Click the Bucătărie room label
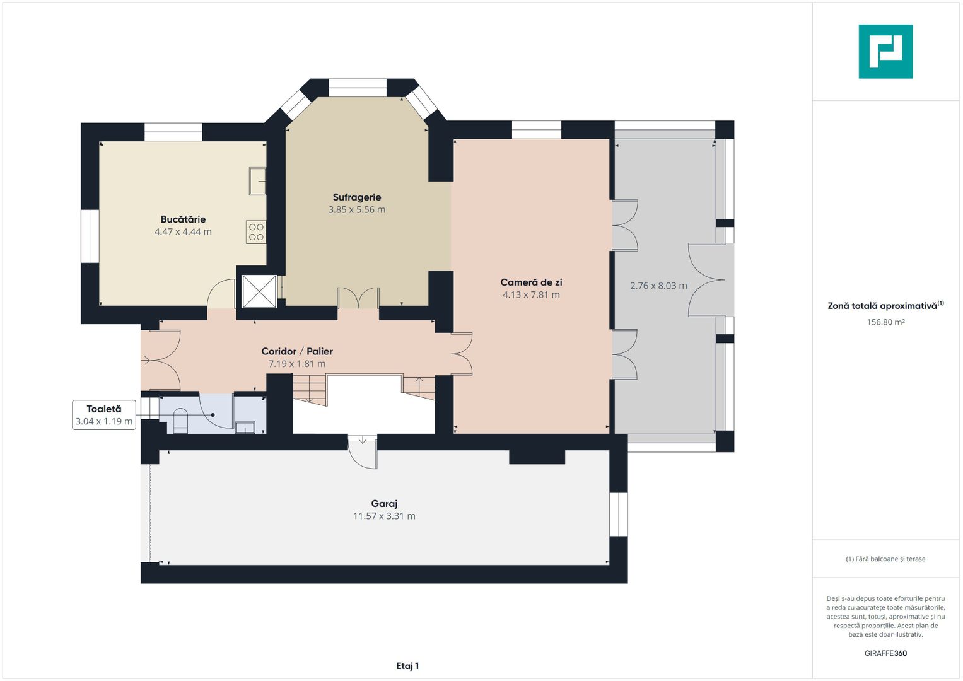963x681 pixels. [x=183, y=219]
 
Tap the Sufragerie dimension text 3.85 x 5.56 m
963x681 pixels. [x=357, y=210]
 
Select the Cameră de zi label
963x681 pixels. [x=531, y=282]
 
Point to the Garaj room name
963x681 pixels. [x=384, y=503]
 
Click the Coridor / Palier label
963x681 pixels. [x=297, y=351]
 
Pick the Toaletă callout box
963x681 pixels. [x=104, y=415]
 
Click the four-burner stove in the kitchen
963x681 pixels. [x=256, y=232]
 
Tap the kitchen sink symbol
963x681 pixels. [x=257, y=181]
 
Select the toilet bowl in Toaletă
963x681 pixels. [x=180, y=421]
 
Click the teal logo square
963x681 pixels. [x=885, y=52]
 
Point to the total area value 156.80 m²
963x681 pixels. [x=885, y=322]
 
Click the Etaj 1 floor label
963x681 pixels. [x=407, y=666]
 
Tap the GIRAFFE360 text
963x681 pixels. [x=885, y=653]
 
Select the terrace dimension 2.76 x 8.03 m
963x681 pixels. [x=658, y=286]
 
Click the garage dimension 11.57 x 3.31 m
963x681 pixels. [x=384, y=516]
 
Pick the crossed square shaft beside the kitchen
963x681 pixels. [x=259, y=291]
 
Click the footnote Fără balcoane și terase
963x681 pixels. [x=885, y=559]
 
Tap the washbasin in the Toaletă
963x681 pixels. [x=245, y=428]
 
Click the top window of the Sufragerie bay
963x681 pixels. [x=358, y=88]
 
